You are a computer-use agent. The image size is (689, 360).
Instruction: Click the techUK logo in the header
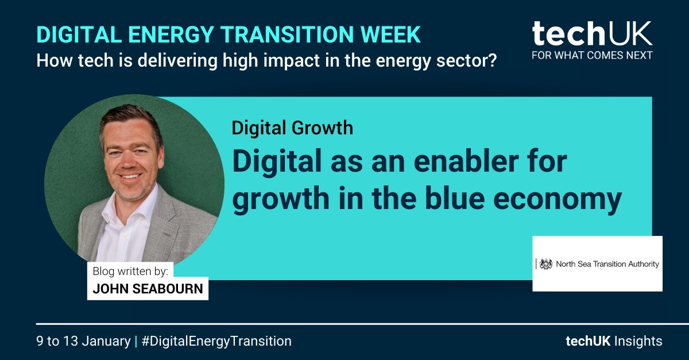(592, 35)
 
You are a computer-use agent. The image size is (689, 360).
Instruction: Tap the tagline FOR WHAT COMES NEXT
(592, 55)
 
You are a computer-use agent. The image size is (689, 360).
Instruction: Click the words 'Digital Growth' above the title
(292, 127)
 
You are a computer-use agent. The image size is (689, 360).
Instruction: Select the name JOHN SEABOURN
(148, 288)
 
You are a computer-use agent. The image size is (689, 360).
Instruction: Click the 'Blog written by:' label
(131, 271)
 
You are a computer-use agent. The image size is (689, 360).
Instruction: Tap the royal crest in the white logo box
(545, 264)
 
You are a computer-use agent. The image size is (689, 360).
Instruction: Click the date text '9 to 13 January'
(83, 341)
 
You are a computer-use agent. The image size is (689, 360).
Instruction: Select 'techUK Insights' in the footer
(613, 341)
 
